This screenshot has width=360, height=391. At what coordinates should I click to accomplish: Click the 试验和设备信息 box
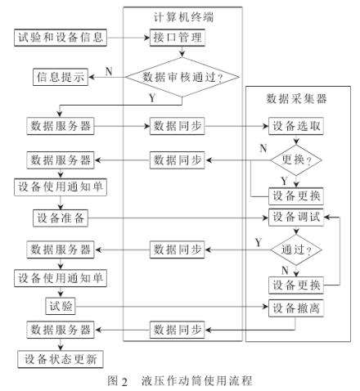tap(61, 37)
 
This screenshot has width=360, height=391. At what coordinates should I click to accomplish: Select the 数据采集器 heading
tap(295, 98)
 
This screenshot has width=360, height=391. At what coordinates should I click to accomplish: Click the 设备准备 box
tap(61, 218)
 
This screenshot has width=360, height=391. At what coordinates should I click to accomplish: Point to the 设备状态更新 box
tap(61, 359)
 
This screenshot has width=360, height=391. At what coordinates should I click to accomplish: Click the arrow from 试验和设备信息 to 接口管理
tap(128, 37)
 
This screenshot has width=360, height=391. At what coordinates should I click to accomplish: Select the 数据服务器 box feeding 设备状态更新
tap(61, 330)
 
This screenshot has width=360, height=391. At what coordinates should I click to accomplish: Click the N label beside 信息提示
tap(108, 71)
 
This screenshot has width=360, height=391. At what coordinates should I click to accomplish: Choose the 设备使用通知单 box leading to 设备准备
tap(61, 187)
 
